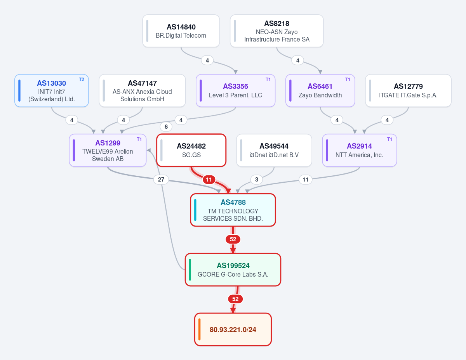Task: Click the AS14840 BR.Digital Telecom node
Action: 181,31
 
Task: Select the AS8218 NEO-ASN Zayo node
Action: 276,31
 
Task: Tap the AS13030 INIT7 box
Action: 52,91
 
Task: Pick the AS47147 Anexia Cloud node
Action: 142,91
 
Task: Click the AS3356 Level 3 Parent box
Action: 235,91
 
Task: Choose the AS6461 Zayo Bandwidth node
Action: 320,91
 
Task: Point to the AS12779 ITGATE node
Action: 408,91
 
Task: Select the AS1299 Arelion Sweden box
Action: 108,151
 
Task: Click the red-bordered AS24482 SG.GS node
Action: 191,151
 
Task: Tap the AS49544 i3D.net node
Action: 274,151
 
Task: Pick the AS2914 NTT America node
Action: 360,151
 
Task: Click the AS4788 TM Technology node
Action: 233,210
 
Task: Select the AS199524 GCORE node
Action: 233,270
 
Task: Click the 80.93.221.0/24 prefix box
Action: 233,329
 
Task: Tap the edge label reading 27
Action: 161,180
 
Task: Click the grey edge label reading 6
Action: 166,127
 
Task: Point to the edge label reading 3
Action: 256,180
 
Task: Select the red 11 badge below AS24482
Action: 209,180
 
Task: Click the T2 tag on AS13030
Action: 82,80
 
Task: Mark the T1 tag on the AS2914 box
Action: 389,139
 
